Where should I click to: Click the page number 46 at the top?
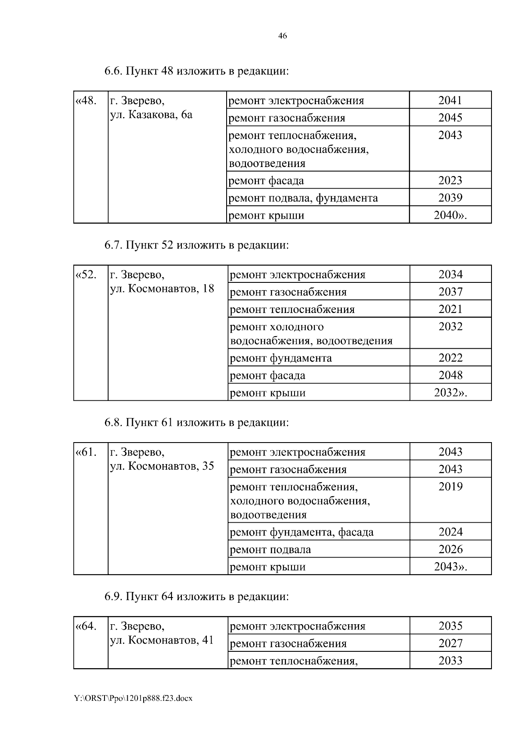[x=283, y=36]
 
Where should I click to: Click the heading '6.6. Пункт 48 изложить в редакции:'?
[x=196, y=71]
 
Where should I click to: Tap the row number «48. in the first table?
[x=85, y=101]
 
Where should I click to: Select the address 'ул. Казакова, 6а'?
[x=151, y=115]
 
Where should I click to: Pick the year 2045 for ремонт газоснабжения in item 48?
[x=450, y=118]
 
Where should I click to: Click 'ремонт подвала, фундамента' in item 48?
[x=303, y=198]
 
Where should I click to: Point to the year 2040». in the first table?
[x=450, y=215]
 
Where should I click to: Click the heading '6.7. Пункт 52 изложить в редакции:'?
[x=196, y=245]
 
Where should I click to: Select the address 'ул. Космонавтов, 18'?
[x=162, y=289]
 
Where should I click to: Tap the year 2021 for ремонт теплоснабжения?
[x=450, y=309]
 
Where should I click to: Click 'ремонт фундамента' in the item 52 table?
[x=281, y=358]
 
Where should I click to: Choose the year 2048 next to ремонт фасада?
[x=450, y=375]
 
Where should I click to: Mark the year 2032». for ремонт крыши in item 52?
[x=450, y=393]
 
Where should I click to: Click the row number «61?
[x=85, y=452]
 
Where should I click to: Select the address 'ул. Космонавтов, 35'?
[x=162, y=467]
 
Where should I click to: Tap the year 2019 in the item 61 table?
[x=450, y=487]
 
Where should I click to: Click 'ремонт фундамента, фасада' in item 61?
[x=302, y=533]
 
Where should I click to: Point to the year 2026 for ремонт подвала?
[x=450, y=549]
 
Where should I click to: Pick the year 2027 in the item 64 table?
[x=450, y=644]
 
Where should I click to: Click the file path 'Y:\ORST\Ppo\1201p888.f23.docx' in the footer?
[x=133, y=698]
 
